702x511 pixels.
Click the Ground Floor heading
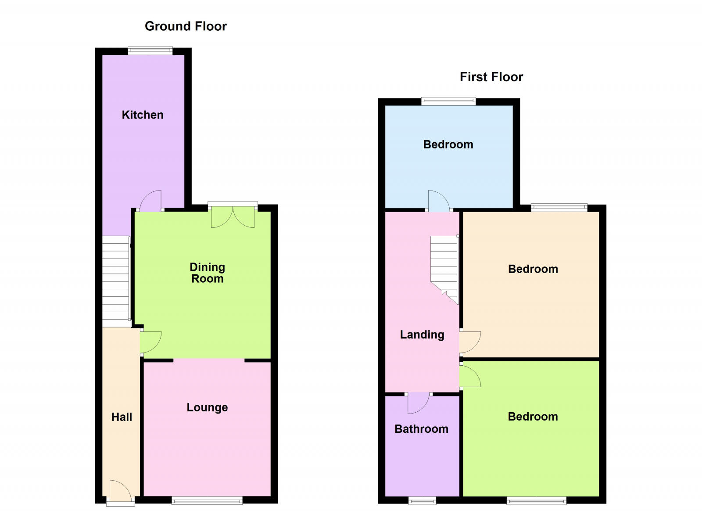[186, 26]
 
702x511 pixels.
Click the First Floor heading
[491, 77]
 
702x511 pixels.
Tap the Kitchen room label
[143, 115]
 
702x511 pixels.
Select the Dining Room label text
[207, 273]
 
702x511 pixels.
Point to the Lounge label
[207, 407]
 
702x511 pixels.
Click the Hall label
[122, 417]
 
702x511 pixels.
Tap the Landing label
[422, 335]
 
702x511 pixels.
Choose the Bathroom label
[421, 429]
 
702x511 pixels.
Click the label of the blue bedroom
[448, 144]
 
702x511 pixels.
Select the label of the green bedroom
[533, 417]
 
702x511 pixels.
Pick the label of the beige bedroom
[533, 269]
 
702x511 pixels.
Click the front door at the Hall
[120, 492]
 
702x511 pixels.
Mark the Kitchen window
[150, 51]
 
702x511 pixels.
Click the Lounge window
[207, 500]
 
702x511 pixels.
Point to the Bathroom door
[418, 403]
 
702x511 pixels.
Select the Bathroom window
[422, 500]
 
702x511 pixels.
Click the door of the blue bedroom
[439, 202]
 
